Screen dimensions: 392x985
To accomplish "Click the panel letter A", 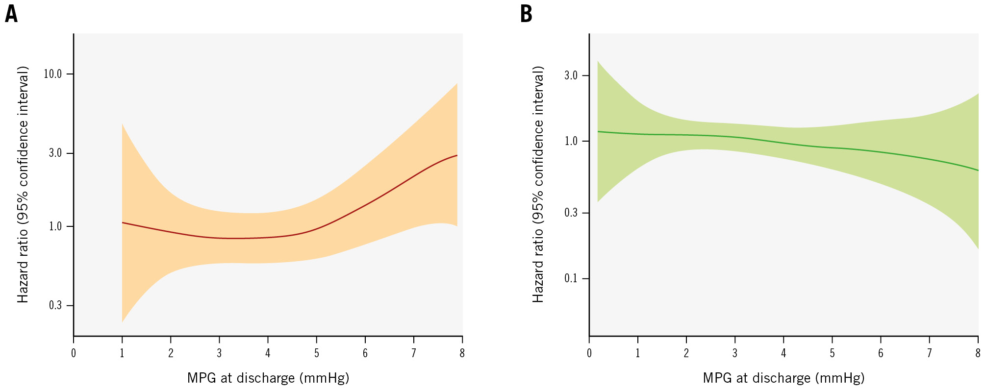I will click(x=11, y=15).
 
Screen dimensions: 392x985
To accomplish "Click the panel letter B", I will click(x=526, y=15).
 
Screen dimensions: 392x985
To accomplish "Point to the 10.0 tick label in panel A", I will click(x=53, y=74).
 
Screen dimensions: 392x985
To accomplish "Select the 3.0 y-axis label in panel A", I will click(x=55, y=153).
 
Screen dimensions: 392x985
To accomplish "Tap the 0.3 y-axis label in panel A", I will click(x=55, y=306).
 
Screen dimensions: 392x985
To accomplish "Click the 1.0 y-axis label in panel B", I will click(x=571, y=141).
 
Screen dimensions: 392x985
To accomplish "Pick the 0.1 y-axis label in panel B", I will click(x=571, y=278).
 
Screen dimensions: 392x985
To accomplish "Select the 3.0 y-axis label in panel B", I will click(x=571, y=75).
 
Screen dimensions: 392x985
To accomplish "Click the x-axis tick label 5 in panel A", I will click(x=317, y=353).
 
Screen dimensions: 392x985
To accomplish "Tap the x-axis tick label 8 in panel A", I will click(x=462, y=353).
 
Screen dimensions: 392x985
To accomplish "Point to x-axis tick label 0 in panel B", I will click(x=589, y=353).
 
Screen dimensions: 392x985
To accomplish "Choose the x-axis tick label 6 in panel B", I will click(x=881, y=353).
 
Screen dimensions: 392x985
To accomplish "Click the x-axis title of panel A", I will click(x=268, y=378).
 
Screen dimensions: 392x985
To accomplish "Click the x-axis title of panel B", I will click(x=783, y=378).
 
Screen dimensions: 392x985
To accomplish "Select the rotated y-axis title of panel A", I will click(x=23, y=184).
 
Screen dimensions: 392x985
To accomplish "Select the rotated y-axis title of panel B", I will click(x=538, y=184).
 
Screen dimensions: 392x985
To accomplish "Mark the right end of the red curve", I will click(x=457, y=155).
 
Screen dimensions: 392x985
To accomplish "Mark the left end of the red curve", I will click(x=122, y=222).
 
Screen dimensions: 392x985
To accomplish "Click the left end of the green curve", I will click(x=598, y=131).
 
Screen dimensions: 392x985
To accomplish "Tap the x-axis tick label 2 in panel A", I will click(x=171, y=353).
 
